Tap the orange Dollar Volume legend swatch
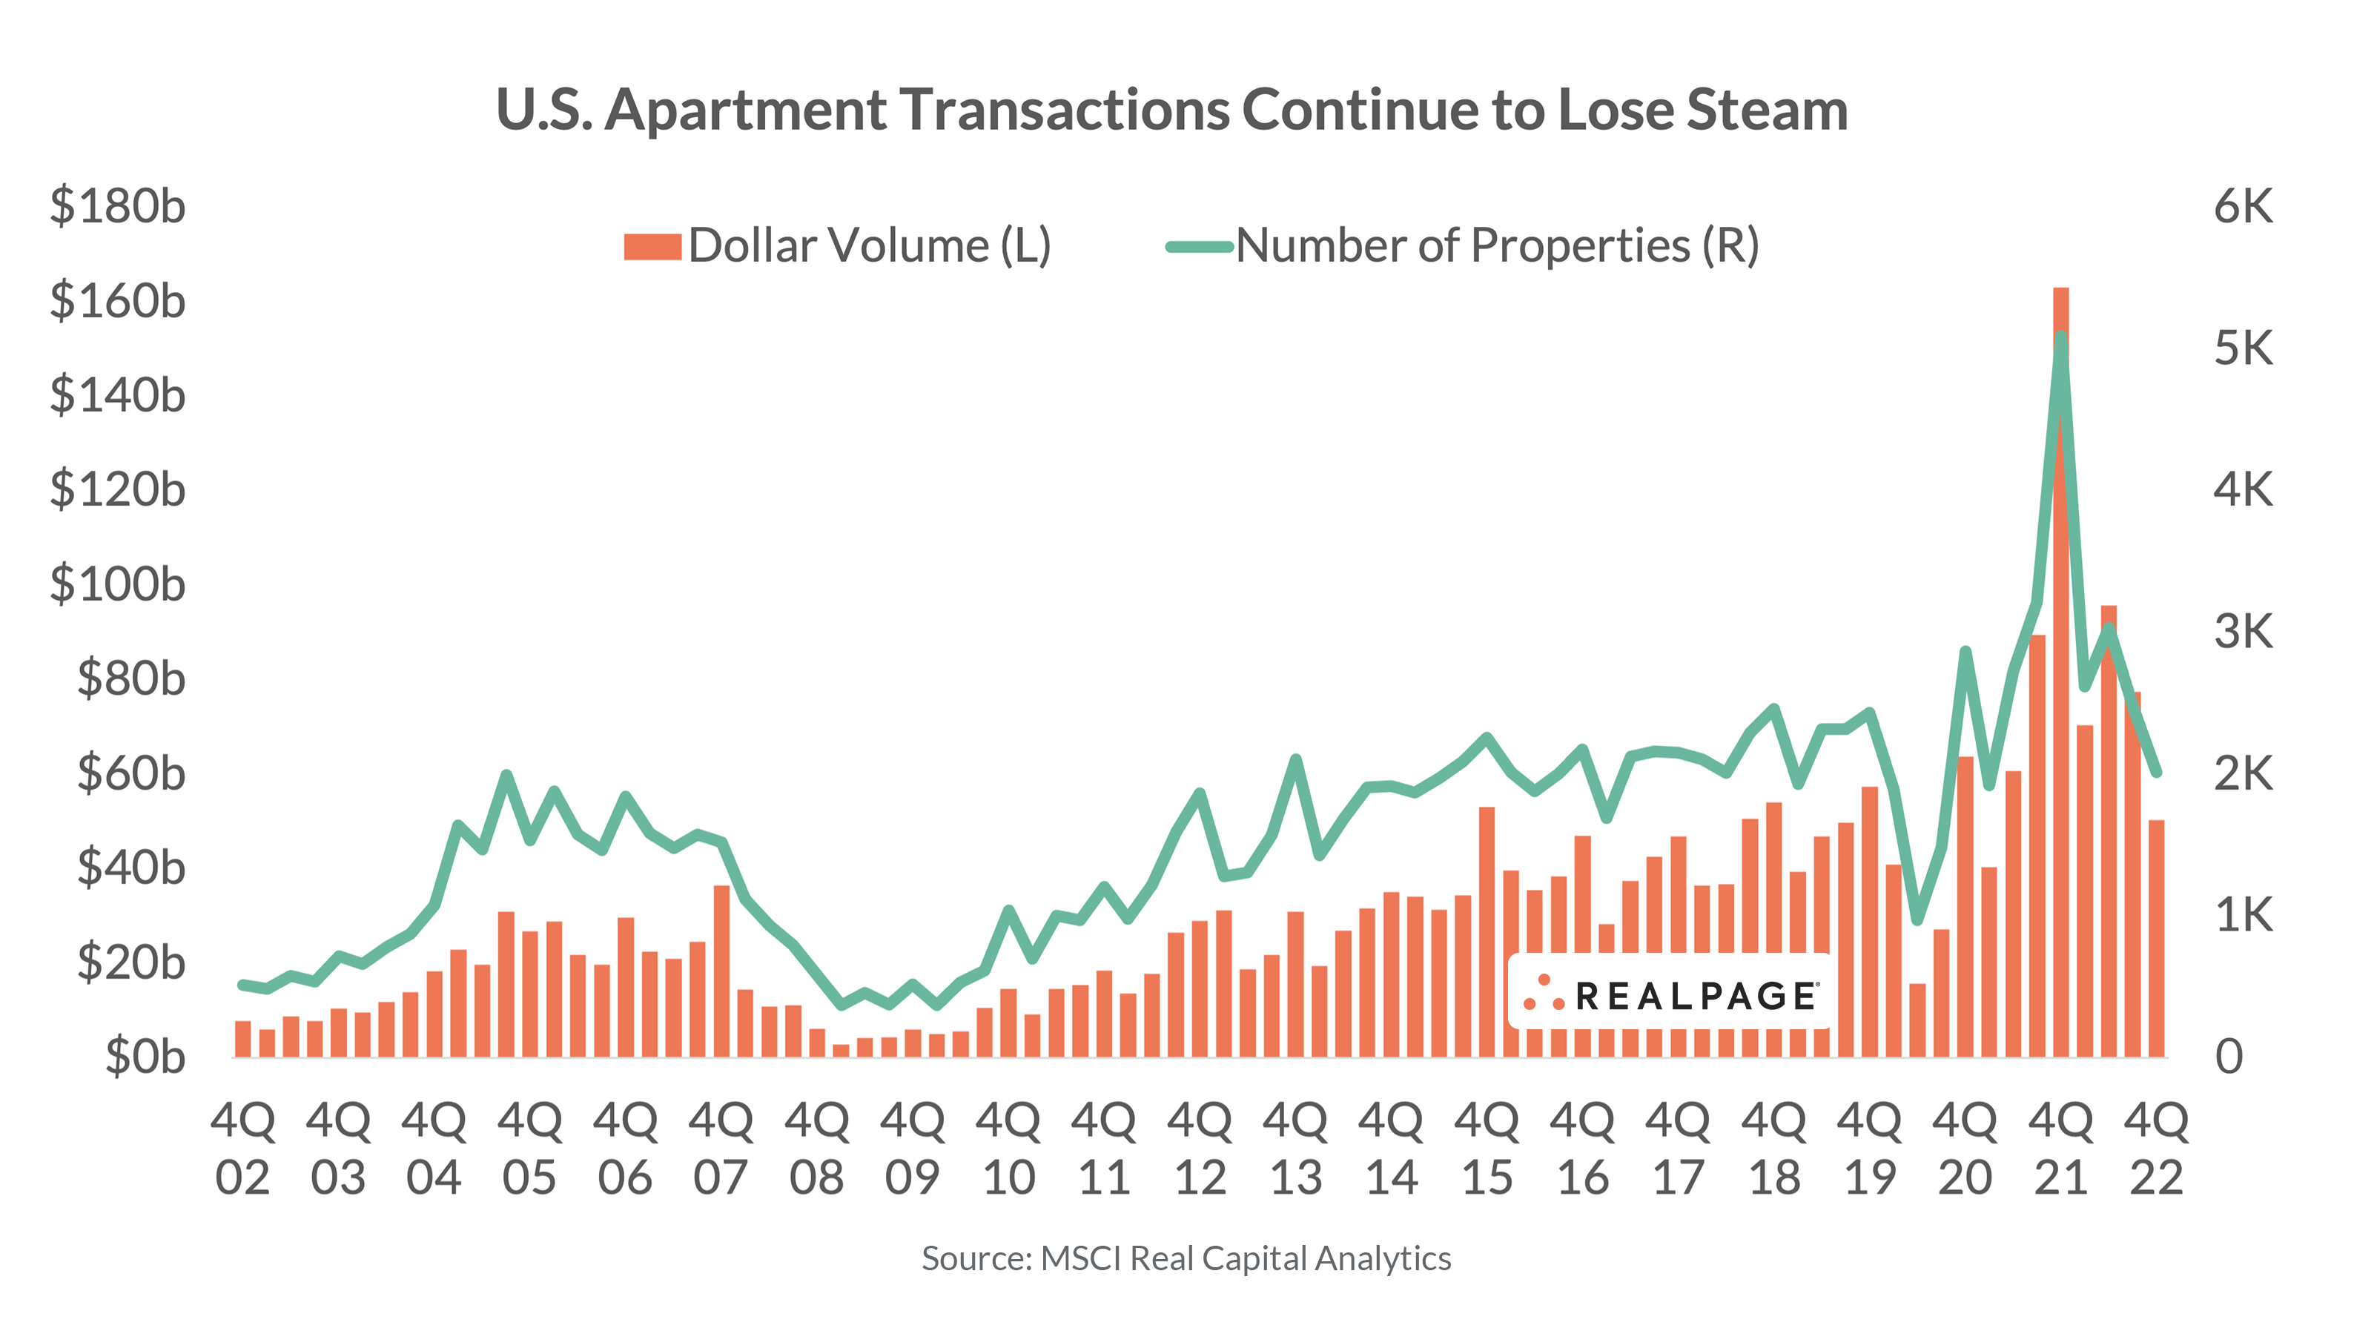coord(652,247)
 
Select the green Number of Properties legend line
coord(1199,247)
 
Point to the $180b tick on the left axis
coord(117,205)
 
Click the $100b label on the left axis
coord(117,584)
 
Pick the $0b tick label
coord(145,1057)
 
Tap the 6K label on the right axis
coord(2243,205)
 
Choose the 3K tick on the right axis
coord(2243,632)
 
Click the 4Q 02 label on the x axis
coord(243,1149)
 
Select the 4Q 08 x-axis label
coord(816,1149)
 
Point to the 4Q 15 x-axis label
coord(1487,1149)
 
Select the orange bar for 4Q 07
coord(721,971)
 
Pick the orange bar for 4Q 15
coord(1487,931)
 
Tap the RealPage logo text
coord(1696,997)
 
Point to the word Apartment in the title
coord(747,110)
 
